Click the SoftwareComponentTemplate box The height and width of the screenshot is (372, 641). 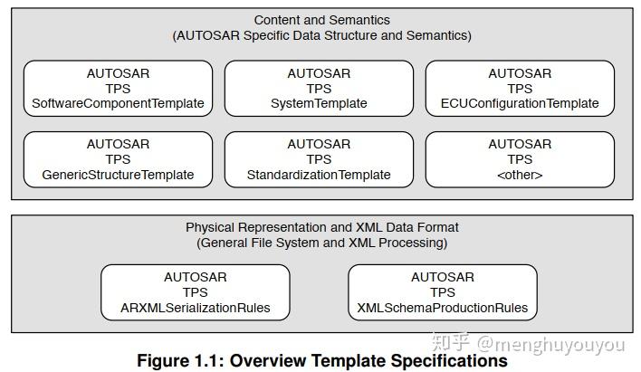118,89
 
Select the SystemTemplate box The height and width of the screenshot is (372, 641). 319,89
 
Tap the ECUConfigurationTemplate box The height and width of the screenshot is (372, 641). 520,89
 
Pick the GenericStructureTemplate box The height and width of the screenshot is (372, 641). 118,159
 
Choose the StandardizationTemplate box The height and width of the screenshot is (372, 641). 319,159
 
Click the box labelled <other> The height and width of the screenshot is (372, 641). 520,159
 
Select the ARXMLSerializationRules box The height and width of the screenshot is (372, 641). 195,292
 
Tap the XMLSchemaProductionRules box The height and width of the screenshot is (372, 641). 443,292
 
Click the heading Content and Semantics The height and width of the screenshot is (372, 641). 322,20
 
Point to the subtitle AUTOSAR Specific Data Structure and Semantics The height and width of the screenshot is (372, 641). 322,36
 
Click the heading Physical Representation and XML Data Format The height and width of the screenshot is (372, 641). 322,227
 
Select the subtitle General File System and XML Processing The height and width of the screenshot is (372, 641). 322,243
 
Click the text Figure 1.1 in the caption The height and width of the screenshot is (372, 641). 177,360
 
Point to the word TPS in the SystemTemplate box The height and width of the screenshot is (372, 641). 319,89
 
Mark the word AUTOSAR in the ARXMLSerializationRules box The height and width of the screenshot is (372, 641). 195,277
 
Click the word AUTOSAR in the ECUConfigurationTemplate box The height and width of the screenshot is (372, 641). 520,73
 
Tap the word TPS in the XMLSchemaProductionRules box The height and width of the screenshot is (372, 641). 443,292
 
